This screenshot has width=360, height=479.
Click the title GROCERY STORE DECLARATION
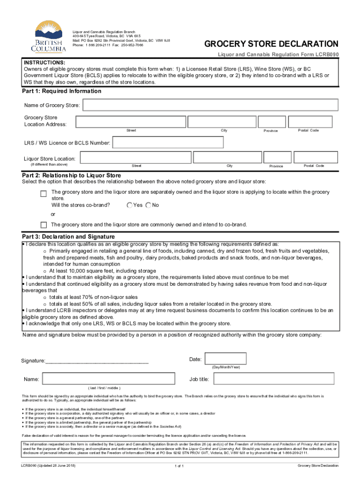(271, 44)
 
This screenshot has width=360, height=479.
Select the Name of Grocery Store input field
(209, 105)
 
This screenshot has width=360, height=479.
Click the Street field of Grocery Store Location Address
(131, 121)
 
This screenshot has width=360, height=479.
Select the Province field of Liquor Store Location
(276, 157)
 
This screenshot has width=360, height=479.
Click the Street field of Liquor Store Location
(136, 157)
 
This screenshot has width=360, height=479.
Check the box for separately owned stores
(43, 194)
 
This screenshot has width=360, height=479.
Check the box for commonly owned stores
(43, 225)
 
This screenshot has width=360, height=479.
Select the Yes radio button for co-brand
(130, 205)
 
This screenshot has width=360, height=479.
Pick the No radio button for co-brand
(148, 205)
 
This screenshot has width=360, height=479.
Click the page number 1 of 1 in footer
(180, 466)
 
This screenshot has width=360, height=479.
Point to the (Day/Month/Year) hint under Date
(226, 367)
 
